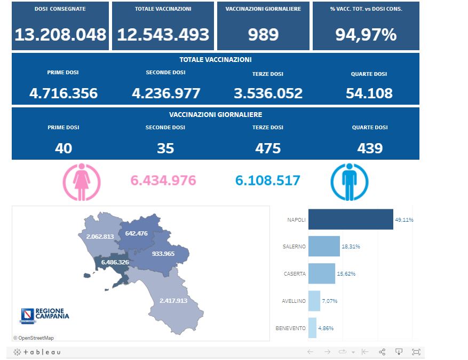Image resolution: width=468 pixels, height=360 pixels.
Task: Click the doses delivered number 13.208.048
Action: [x=60, y=35]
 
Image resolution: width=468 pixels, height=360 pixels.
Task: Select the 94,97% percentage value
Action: [x=366, y=35]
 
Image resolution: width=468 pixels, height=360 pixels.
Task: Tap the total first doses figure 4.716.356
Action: [x=64, y=93]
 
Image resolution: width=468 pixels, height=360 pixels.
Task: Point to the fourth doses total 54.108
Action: [x=369, y=93]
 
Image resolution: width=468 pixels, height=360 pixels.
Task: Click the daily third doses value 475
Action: [x=268, y=148]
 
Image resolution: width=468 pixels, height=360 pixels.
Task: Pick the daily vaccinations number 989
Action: [x=263, y=35]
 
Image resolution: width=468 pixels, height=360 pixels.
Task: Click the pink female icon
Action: [x=82, y=182]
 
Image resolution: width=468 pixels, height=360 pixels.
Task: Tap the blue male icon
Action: [x=350, y=182]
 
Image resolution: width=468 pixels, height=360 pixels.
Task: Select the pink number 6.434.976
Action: [x=163, y=181]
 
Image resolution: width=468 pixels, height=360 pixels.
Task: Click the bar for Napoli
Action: [x=351, y=220]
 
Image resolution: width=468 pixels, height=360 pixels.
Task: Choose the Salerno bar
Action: [x=324, y=246]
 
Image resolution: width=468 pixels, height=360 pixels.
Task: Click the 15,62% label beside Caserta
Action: [x=346, y=273]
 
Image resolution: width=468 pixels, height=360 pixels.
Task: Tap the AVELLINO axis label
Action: [x=294, y=301]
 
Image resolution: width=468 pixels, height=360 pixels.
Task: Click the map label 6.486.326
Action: [x=115, y=262]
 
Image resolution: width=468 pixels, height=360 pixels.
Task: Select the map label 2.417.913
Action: [x=173, y=301]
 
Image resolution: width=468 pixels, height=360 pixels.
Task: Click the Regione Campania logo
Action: [x=44, y=315]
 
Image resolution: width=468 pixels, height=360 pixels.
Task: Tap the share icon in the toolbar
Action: [x=382, y=352]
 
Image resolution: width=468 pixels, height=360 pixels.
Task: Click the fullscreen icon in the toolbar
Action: [x=416, y=352]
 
